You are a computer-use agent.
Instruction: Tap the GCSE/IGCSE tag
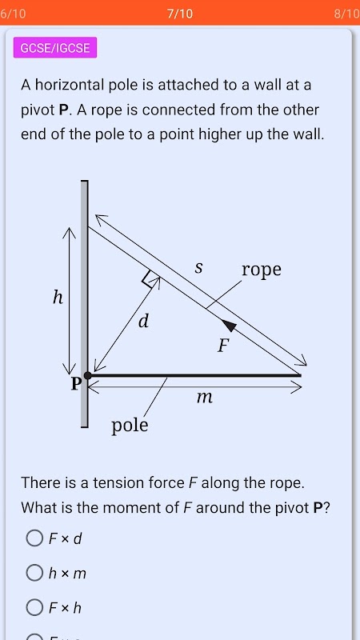coord(55,47)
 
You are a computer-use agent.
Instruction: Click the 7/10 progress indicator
coord(180,14)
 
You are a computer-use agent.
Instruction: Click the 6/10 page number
coord(13,14)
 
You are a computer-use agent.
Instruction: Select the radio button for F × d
coord(34,538)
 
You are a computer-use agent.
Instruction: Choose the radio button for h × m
coord(34,573)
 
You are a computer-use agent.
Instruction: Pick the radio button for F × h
coord(34,608)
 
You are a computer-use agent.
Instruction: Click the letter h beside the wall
coord(58,298)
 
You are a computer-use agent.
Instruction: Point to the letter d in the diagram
coord(143,322)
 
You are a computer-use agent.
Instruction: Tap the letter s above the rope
coord(198,268)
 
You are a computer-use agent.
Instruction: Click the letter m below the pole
coord(205,397)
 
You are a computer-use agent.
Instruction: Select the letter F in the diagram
coord(222,346)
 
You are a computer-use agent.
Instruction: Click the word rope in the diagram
coord(262,270)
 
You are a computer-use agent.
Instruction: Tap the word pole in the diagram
coord(130,426)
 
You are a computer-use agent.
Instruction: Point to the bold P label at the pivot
coord(76,383)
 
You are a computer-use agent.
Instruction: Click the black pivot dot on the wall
coord(88,375)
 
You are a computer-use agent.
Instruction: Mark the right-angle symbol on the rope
coord(148,279)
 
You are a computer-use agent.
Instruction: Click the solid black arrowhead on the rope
coord(230,325)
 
